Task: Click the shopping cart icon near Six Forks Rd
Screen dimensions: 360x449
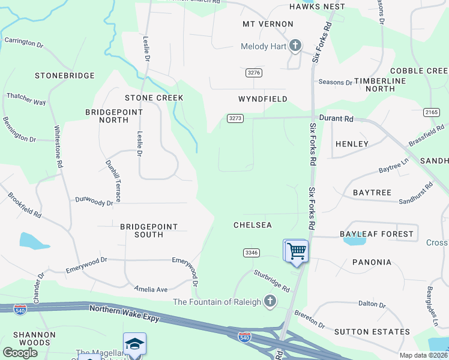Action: tap(295, 250)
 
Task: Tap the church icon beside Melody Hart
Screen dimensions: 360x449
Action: tap(295, 46)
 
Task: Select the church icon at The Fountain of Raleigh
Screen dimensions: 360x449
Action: tap(270, 301)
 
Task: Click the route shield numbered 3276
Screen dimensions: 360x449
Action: tap(255, 73)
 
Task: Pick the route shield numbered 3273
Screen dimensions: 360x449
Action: tap(235, 118)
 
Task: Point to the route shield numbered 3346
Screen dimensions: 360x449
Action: tap(252, 253)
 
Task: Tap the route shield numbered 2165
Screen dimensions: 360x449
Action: tap(431, 112)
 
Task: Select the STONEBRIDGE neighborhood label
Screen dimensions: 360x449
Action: tap(65, 76)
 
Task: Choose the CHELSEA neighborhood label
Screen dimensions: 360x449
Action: tap(253, 225)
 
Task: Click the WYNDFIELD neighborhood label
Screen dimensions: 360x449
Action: tap(263, 99)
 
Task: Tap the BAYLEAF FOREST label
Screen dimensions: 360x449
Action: tap(376, 233)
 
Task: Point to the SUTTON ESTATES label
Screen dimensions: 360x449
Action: tap(372, 331)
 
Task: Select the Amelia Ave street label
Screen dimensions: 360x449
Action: tap(151, 289)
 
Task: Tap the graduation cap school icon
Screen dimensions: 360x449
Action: tap(134, 344)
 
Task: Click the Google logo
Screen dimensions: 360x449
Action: tap(20, 353)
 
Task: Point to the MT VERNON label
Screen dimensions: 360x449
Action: tap(268, 24)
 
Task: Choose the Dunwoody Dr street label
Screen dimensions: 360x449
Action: tap(94, 203)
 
